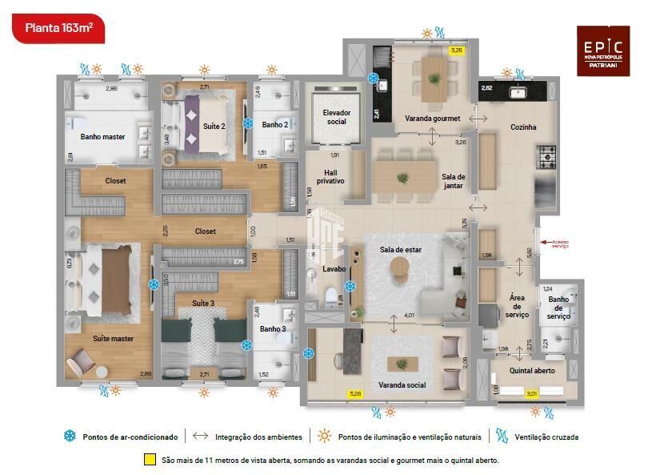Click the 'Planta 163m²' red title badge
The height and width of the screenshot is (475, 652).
coord(58,28)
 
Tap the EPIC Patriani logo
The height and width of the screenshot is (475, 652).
coord(602,50)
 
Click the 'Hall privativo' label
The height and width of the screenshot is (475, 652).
coord(330,177)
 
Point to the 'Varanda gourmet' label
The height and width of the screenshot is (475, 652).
coord(432,119)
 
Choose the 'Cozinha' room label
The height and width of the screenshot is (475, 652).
coord(522,127)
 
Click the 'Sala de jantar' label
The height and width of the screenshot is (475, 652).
coord(454,181)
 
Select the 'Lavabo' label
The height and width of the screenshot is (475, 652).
coord(334,269)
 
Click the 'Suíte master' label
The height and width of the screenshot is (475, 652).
coord(113,339)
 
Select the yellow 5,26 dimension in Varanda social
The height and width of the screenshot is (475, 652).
coord(355,393)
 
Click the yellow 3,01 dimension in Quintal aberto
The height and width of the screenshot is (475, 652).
coord(531,393)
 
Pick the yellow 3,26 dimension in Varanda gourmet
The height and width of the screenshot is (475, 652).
coord(457,50)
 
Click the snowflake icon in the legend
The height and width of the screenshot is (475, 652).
coord(70,437)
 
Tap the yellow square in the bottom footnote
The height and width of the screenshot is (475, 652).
coord(149,461)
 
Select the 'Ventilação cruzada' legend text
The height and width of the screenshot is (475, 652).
coord(546,437)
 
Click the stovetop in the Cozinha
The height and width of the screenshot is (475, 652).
coord(546,154)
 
